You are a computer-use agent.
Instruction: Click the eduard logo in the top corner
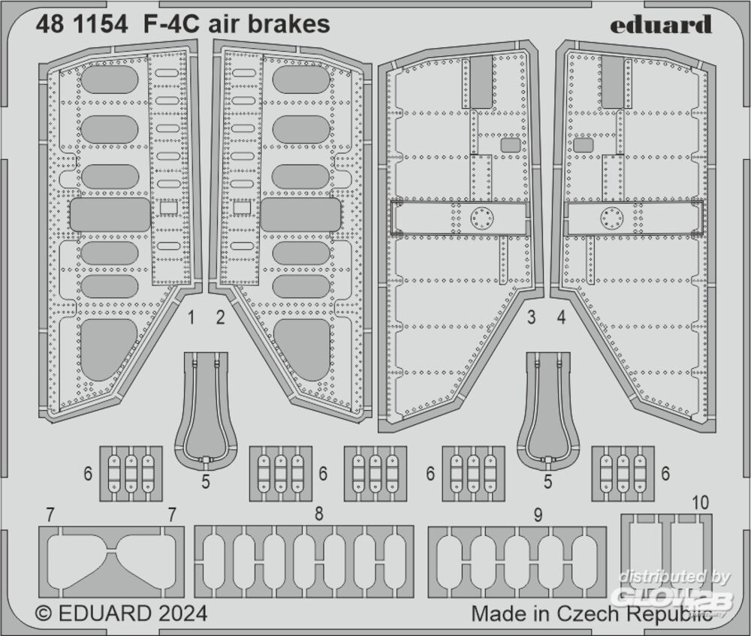(x=660, y=25)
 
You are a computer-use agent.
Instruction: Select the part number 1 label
(x=191, y=318)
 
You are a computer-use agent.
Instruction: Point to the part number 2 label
(x=220, y=318)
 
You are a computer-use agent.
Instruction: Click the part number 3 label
(x=531, y=318)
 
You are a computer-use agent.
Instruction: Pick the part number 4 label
(x=561, y=318)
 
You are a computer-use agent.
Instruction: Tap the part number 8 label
(x=319, y=514)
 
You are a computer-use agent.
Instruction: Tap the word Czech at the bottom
(x=590, y=613)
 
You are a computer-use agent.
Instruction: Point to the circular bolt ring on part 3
(x=481, y=219)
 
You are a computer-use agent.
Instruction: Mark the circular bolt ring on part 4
(x=612, y=219)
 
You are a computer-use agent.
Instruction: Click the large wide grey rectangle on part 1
(x=110, y=215)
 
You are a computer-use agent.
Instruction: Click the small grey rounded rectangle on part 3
(x=511, y=145)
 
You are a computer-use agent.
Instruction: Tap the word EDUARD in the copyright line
(x=104, y=613)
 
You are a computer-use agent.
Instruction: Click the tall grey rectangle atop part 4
(x=613, y=81)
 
